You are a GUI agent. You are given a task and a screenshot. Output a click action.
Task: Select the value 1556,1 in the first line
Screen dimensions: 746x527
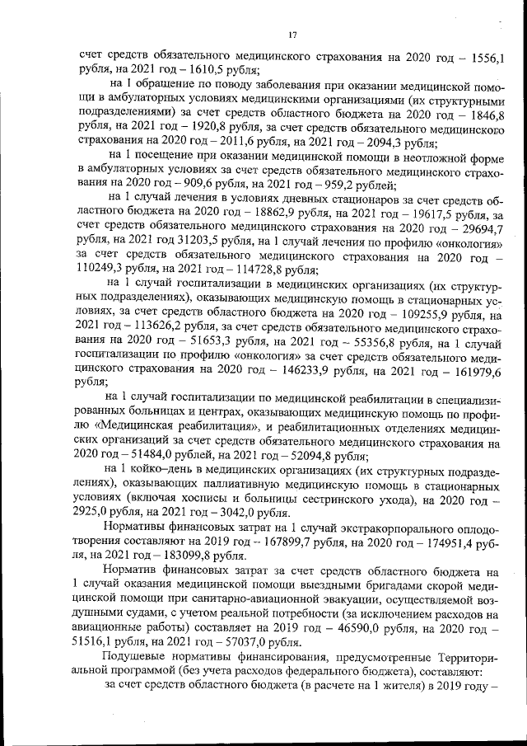coord(486,57)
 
